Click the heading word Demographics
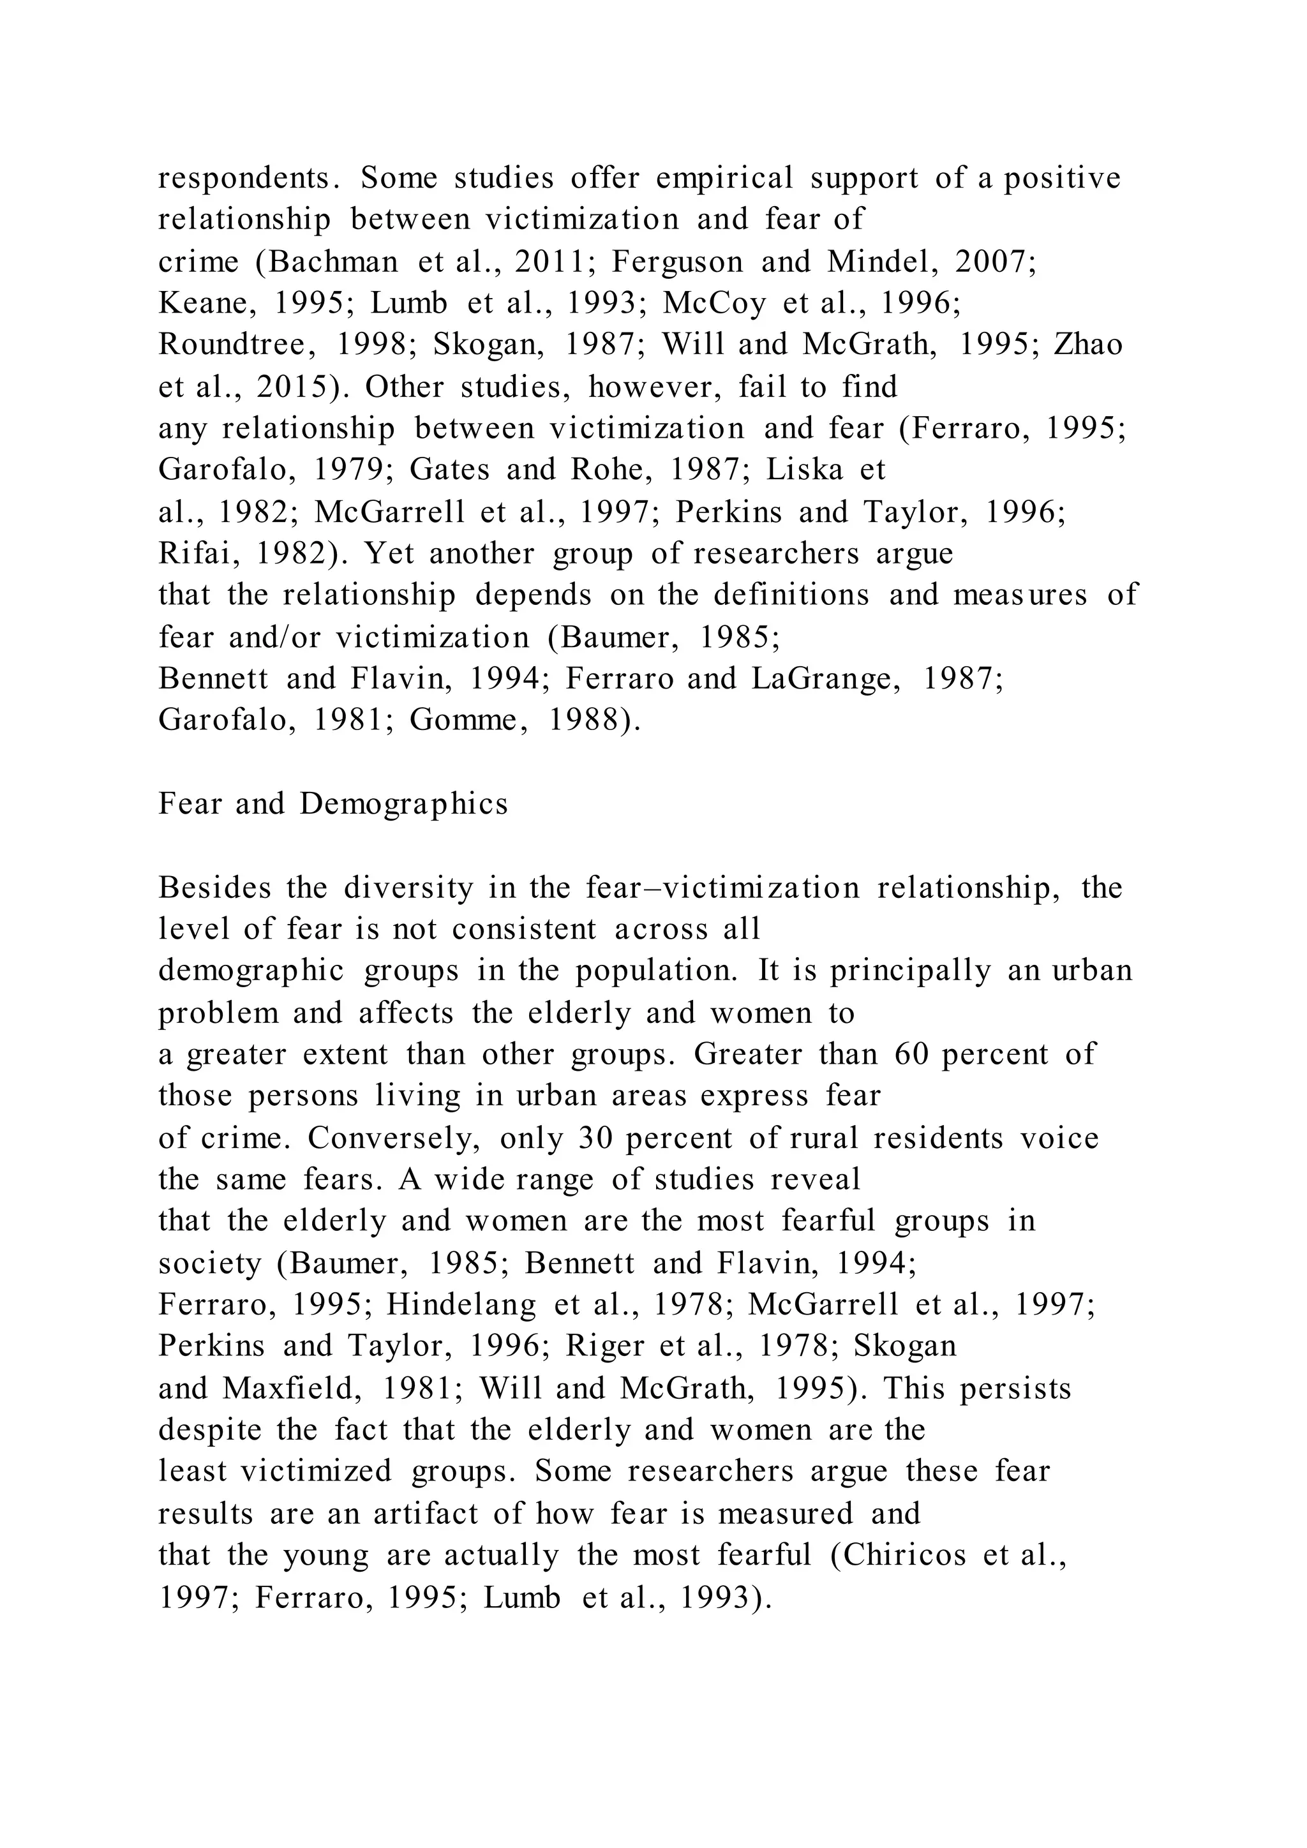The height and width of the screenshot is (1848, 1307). pyautogui.click(x=403, y=804)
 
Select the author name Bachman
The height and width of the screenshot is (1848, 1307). pyautogui.click(x=332, y=262)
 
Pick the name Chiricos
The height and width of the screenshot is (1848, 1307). pyautogui.click(x=904, y=1555)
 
